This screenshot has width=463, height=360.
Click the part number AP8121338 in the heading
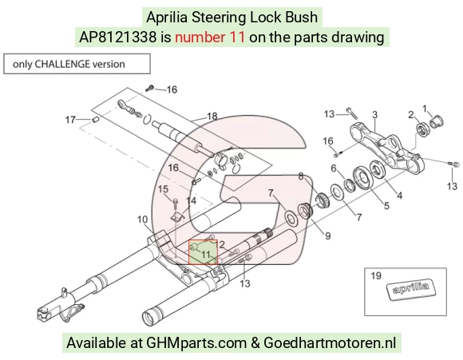117,38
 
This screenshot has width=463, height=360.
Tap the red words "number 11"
210,38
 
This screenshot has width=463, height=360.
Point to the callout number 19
376,276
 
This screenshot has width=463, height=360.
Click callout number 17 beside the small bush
70,120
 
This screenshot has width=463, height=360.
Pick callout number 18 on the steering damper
212,116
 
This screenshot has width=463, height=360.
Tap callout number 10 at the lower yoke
142,220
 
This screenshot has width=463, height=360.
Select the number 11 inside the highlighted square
205,255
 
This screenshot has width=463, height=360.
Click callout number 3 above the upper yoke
374,115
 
